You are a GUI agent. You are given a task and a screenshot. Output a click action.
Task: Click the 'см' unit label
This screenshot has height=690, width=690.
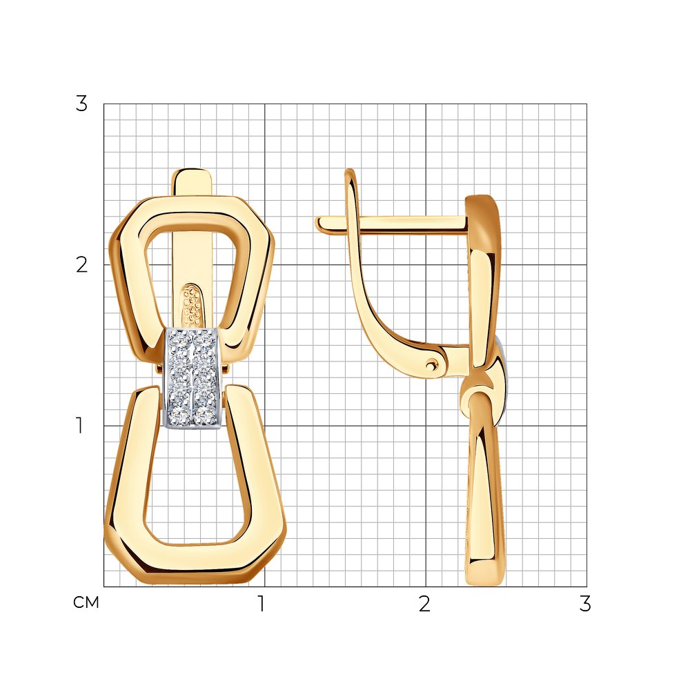(x=86, y=602)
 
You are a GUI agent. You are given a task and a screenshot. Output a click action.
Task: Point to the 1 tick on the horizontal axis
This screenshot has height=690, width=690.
(x=262, y=604)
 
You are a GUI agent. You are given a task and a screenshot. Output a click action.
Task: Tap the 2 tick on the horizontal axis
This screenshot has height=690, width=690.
(x=424, y=604)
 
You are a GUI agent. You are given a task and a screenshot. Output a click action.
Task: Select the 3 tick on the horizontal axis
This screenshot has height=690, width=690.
(x=585, y=604)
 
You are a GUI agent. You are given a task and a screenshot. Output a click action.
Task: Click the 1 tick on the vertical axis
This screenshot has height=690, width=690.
(x=79, y=425)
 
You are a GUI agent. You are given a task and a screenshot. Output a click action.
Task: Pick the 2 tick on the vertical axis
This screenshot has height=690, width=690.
(x=81, y=264)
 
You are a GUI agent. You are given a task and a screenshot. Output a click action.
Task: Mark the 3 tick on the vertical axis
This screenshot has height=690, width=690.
(x=81, y=104)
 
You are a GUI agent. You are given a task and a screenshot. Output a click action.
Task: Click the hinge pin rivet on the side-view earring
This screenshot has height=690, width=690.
(x=432, y=364)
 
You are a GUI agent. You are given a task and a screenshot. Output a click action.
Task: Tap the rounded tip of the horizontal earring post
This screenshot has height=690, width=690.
(x=319, y=224)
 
